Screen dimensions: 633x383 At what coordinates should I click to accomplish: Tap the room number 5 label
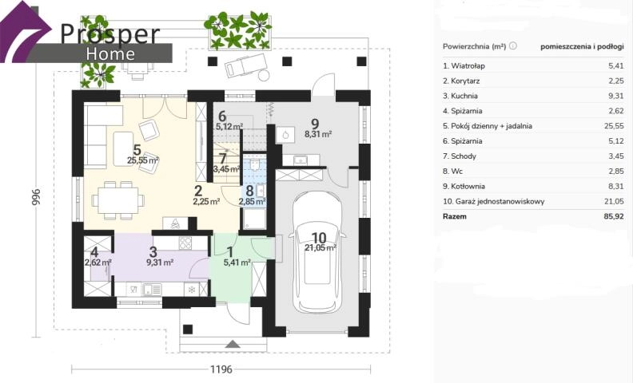tap(137, 150)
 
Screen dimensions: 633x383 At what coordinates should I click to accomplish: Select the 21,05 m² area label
tap(320, 247)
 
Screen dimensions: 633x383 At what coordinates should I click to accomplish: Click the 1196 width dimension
tap(221, 369)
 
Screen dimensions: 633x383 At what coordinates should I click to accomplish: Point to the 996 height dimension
tap(36, 198)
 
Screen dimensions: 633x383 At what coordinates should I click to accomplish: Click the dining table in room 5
tap(118, 200)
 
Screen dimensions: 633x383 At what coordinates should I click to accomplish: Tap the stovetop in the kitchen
tap(185, 243)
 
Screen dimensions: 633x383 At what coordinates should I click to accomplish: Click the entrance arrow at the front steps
tap(233, 344)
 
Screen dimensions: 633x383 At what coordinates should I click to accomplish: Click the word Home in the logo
tap(110, 54)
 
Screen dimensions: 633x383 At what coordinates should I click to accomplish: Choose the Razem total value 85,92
tap(614, 216)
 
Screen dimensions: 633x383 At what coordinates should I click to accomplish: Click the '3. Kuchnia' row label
tap(460, 96)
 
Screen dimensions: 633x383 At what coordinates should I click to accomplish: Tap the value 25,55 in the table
tap(614, 126)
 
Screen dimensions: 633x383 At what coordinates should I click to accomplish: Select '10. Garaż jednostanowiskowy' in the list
tap(493, 201)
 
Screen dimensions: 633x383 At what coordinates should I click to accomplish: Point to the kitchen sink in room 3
tap(152, 289)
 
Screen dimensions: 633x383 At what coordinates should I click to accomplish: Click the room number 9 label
tap(315, 124)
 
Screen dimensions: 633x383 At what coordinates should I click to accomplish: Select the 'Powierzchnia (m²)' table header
tap(474, 46)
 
